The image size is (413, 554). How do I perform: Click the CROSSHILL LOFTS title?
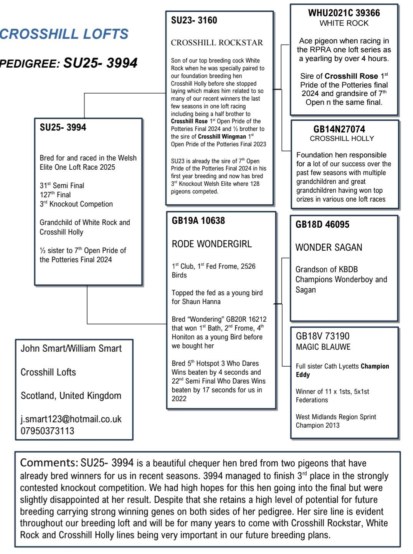[64, 34]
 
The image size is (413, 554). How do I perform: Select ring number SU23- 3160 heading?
[194, 20]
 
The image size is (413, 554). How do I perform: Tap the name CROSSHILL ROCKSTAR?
[217, 43]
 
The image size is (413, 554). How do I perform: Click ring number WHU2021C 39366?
[344, 13]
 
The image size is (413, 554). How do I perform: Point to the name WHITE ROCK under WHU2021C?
[344, 23]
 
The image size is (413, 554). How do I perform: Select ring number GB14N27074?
[339, 129]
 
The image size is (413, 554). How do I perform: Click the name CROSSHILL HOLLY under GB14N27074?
[342, 139]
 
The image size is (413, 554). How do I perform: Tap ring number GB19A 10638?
[198, 221]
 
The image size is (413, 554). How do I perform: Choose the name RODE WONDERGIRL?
[211, 244]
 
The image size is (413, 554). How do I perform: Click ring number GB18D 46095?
[322, 225]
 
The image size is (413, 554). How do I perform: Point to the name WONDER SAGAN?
[329, 248]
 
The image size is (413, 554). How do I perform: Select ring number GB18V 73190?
[322, 336]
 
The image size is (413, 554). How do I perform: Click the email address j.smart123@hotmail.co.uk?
[71, 419]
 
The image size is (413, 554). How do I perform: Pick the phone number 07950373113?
[48, 431]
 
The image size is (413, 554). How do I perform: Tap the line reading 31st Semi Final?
[62, 185]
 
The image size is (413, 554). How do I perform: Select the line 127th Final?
[55, 195]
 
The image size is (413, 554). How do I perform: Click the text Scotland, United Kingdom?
[71, 396]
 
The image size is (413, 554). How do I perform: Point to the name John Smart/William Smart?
[71, 349]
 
